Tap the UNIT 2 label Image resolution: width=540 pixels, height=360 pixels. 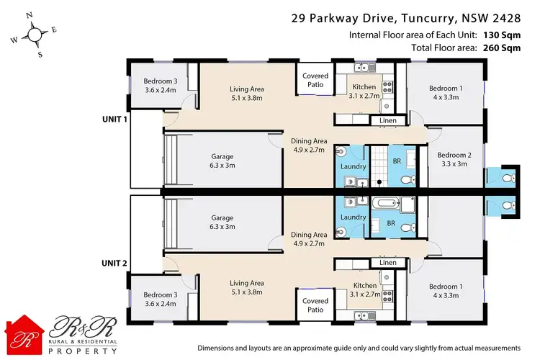pos(114,264)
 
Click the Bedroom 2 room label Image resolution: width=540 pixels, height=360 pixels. pos(454,159)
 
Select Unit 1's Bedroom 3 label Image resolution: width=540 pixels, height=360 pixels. pos(160,85)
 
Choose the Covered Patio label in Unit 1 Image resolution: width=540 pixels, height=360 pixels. pos(315,80)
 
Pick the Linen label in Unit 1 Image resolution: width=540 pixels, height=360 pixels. pos(387,120)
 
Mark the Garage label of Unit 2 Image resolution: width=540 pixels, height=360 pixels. pos(222,221)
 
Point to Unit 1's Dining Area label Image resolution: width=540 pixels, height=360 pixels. pos(308,145)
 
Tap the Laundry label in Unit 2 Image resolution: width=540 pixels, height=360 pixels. pos(353,217)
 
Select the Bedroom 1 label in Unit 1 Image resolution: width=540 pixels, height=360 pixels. pos(444,93)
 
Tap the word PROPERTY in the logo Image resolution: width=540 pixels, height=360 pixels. pos(84,351)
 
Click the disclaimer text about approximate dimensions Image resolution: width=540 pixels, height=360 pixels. pos(359,347)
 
